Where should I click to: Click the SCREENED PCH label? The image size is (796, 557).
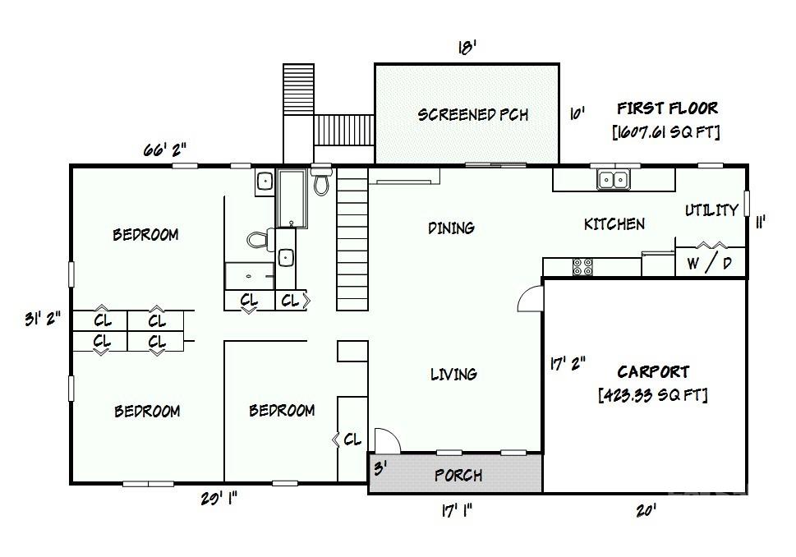click(x=472, y=114)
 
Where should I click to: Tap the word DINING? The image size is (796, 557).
click(x=451, y=228)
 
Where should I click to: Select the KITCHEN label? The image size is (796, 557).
click(x=614, y=224)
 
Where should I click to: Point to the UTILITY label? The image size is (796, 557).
click(x=711, y=209)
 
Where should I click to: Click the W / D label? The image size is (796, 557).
click(x=709, y=263)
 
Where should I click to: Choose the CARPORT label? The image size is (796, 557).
click(x=653, y=371)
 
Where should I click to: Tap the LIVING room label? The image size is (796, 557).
click(x=453, y=375)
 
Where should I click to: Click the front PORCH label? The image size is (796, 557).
click(x=458, y=475)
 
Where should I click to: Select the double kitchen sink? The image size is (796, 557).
click(x=614, y=180)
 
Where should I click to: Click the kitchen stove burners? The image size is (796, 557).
click(x=582, y=267)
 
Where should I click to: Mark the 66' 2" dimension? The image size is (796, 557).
click(x=164, y=150)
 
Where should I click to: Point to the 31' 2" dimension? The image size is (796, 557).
click(x=43, y=319)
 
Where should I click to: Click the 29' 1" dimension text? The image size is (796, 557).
click(x=219, y=499)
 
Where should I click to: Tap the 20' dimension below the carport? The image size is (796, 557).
click(x=646, y=510)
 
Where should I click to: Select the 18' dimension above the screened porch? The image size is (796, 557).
click(x=467, y=48)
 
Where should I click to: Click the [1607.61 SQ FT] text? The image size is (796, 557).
click(x=666, y=132)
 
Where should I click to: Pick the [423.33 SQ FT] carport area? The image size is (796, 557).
click(x=653, y=395)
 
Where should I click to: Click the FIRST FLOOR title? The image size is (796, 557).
click(x=668, y=108)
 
